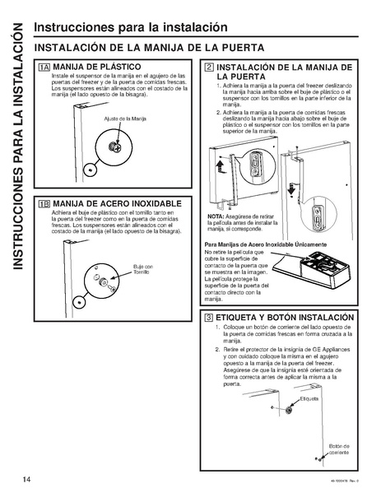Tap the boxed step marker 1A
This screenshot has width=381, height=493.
[x=44, y=67]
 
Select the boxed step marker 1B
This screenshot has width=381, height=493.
[x=44, y=203]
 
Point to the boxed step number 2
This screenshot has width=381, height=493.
[x=210, y=67]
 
